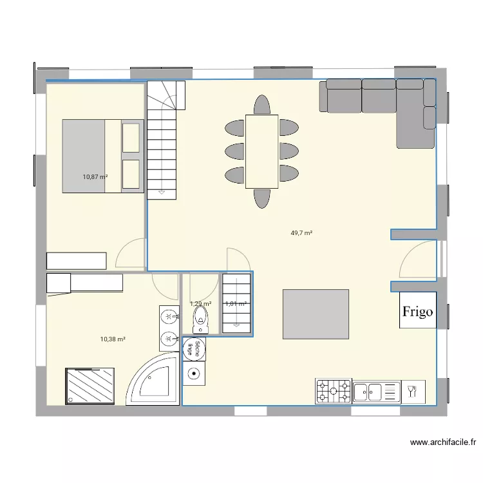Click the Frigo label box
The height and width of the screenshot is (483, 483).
(x=418, y=311)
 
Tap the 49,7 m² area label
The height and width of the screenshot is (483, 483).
(x=301, y=233)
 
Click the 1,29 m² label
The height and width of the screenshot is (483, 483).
(x=200, y=303)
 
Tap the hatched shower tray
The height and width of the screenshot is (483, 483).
(x=90, y=386)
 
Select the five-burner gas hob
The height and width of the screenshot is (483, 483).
(x=333, y=390)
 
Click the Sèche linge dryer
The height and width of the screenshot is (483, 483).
(x=191, y=350)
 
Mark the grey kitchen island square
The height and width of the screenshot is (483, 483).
(x=316, y=314)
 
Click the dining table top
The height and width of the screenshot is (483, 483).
(x=261, y=152)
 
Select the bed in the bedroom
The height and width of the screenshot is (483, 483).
(x=101, y=155)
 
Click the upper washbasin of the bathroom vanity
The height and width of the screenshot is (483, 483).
(x=168, y=316)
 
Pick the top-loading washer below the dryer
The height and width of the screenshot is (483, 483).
(x=193, y=372)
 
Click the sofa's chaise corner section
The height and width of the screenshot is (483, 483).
(x=415, y=122)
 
